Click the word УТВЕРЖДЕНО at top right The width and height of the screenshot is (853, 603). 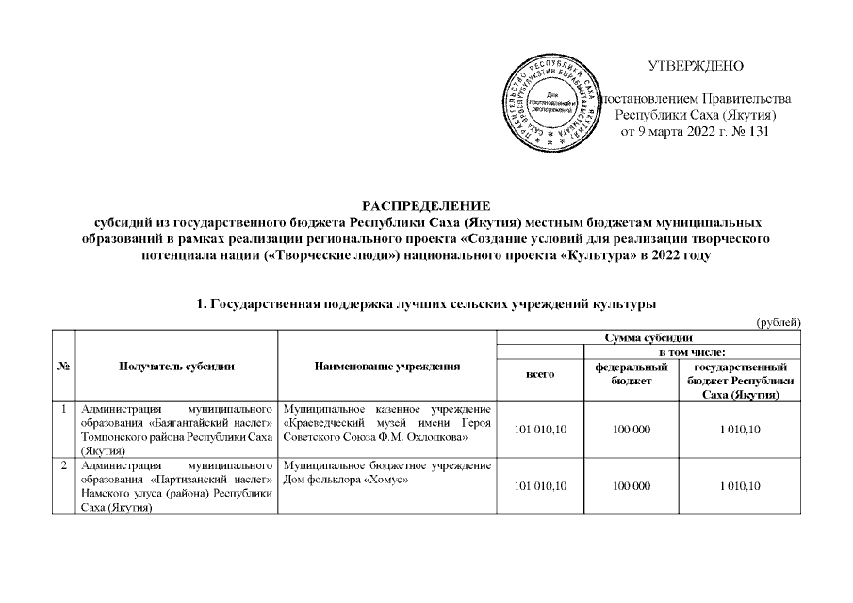[697, 66]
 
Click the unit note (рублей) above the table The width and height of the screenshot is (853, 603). [779, 323]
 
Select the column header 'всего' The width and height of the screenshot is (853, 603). [540, 375]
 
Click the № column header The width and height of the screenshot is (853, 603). [62, 367]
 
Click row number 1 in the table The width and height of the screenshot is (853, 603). [62, 409]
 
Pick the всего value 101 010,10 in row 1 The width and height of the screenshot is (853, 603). [540, 431]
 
